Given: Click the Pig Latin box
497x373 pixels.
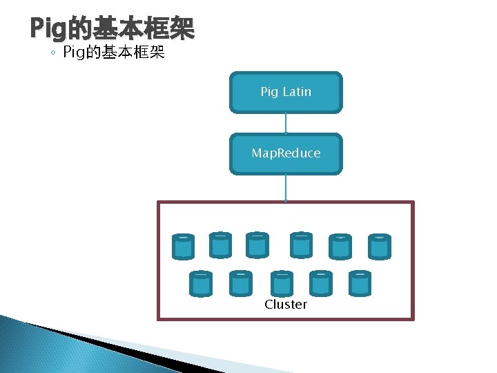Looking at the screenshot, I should coord(286,92).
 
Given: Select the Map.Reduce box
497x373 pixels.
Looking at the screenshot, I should coord(286,153).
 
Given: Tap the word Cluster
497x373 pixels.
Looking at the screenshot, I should coord(286,305).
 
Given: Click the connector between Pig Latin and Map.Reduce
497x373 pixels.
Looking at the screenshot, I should coord(286,123).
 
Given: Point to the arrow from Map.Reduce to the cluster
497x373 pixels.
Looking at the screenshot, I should coord(286,187).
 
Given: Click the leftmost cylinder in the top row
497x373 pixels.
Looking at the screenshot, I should coord(183,247).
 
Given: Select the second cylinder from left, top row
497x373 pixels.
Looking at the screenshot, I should coord(220,245).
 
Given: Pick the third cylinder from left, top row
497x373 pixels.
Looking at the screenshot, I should coord(257,245).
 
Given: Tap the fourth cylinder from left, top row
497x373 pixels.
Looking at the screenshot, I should coord(301,245).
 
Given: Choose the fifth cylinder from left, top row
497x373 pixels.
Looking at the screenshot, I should coord(340,247).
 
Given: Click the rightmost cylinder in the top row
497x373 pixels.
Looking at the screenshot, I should coord(379,247).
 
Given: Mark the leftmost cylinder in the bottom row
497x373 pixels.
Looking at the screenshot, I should coord(200,283).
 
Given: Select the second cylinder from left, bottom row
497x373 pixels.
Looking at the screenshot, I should coord(240,283).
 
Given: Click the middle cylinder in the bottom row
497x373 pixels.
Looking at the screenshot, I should coord(282,283).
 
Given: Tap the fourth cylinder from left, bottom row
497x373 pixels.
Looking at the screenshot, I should coord(321,283).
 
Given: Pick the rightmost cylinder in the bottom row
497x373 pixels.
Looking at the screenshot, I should coord(360,283).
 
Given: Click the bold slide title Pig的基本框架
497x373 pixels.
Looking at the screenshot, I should coord(113,29).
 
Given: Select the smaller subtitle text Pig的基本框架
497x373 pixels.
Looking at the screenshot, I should coord(114,52).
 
